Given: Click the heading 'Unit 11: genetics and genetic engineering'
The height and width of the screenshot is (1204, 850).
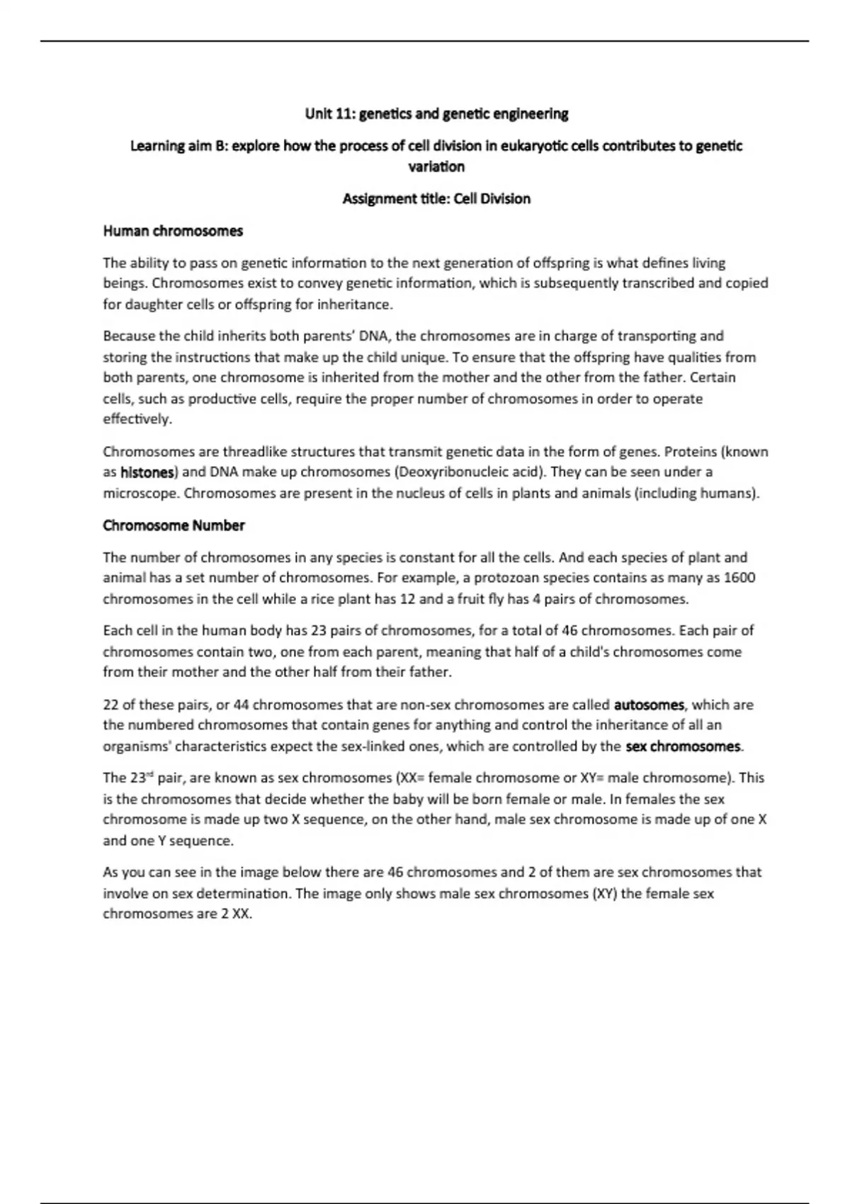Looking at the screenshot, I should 436,114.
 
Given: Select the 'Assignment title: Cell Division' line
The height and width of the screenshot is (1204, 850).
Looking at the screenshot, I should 436,199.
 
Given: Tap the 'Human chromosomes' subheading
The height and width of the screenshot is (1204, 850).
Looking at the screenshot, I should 173,231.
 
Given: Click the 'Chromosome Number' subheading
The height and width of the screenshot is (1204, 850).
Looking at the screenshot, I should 174,526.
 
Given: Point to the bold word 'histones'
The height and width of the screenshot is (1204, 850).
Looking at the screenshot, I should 147,472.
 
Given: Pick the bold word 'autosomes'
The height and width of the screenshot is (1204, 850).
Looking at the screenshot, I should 649,705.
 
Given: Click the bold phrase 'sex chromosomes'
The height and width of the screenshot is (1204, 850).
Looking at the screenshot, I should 683,746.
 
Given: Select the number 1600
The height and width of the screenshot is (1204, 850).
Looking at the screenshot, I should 739,578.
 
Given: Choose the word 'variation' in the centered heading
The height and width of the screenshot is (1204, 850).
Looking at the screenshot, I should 436,167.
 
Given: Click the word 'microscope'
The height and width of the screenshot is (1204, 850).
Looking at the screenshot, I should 140,494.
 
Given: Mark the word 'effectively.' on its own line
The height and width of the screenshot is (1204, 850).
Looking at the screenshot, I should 137,419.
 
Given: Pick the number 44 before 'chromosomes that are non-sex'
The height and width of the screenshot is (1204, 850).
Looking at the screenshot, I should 241,705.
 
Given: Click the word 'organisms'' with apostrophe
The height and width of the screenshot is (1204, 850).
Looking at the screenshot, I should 137,746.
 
